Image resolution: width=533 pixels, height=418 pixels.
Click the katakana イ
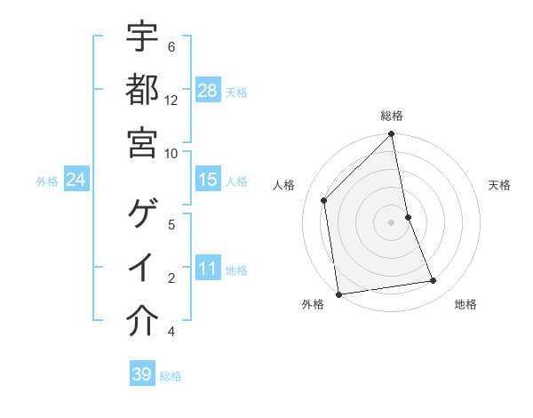(x=142, y=268)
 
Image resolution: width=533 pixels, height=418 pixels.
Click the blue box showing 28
(x=208, y=90)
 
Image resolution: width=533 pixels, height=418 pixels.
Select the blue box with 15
(x=208, y=180)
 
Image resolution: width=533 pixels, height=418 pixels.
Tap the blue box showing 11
(x=208, y=268)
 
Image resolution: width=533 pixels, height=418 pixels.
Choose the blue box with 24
(x=76, y=180)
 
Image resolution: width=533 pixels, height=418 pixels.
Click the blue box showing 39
(x=142, y=374)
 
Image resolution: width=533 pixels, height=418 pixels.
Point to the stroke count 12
(x=171, y=100)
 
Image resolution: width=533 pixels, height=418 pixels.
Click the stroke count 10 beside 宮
(x=171, y=152)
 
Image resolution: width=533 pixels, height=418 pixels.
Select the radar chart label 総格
(x=392, y=116)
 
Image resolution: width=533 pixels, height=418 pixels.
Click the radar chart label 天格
(x=500, y=185)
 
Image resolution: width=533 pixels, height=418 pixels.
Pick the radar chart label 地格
(x=466, y=304)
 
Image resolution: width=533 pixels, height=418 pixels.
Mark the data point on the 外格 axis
(x=338, y=293)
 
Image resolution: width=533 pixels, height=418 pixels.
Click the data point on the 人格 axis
(x=324, y=200)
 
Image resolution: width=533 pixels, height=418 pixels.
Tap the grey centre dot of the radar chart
(x=392, y=221)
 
